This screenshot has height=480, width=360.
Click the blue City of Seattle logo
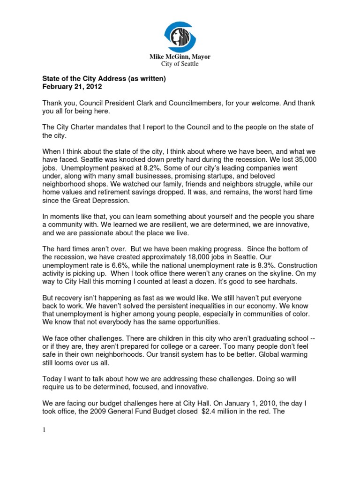(180, 37)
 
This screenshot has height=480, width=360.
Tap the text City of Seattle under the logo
(180, 64)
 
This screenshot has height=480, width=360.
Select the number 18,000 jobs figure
(191, 257)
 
